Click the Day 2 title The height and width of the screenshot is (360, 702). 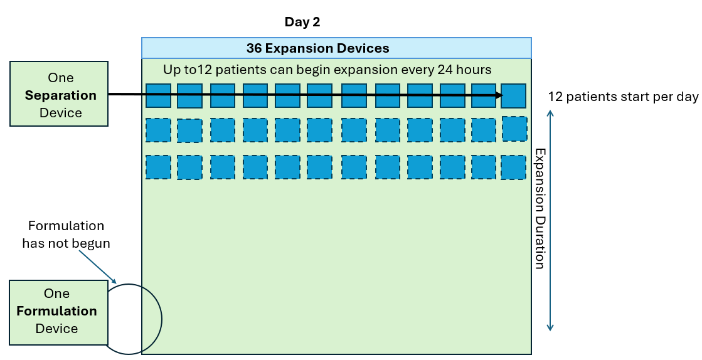coord(302,22)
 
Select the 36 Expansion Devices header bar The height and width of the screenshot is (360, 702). coord(336,48)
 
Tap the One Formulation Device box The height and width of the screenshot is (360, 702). coord(56,312)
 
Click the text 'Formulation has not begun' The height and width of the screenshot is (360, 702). coord(66,235)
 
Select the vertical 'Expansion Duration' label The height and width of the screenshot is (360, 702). coord(538,208)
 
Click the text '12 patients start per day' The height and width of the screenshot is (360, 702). coord(623,97)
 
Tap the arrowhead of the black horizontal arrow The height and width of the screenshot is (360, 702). coord(500,95)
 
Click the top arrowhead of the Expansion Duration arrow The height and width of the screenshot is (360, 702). coord(550,114)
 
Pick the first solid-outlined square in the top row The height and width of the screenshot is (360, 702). coord(158,95)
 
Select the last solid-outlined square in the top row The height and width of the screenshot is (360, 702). coord(513,96)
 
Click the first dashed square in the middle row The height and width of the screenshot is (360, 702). coord(158,130)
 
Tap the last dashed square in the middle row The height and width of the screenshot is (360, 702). coord(514,129)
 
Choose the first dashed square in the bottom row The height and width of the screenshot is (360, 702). coord(158,167)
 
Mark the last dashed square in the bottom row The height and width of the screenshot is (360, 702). coord(513,167)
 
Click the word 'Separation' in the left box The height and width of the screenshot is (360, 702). coord(61,95)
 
